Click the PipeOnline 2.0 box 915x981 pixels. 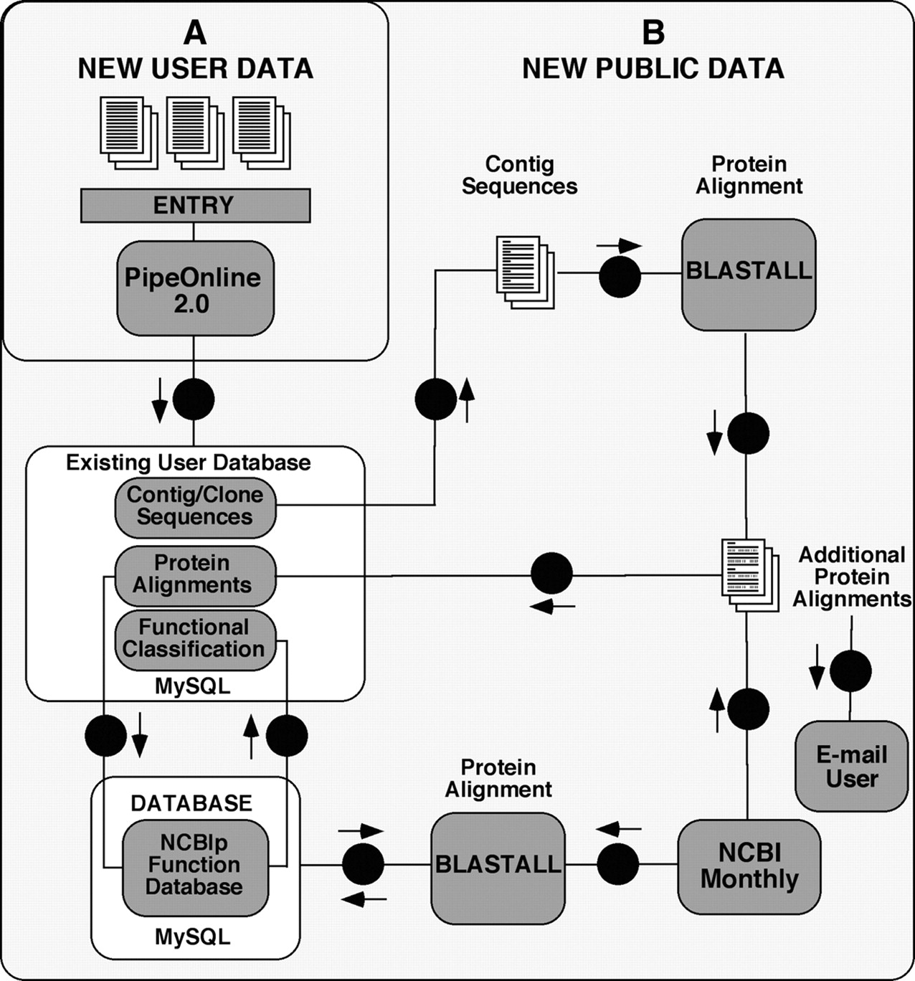(x=195, y=288)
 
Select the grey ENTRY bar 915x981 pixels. (x=195, y=206)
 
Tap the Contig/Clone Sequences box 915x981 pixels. (x=195, y=506)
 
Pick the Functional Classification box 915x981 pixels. (x=195, y=639)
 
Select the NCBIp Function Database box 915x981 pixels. (x=194, y=866)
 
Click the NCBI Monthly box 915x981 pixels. (x=749, y=866)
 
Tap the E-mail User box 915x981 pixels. (x=851, y=766)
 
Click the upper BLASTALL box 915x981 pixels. (x=749, y=274)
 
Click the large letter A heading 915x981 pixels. (x=195, y=32)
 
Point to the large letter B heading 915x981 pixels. (x=653, y=32)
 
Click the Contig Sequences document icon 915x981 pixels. (x=524, y=272)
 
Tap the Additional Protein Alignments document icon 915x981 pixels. (x=749, y=575)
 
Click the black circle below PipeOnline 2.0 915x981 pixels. (x=194, y=399)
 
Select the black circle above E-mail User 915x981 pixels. (x=850, y=671)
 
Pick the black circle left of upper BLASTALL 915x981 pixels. (x=620, y=277)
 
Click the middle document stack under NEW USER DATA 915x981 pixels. (x=194, y=133)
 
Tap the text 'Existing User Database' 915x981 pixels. (x=189, y=463)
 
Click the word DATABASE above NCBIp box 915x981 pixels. (x=191, y=803)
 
